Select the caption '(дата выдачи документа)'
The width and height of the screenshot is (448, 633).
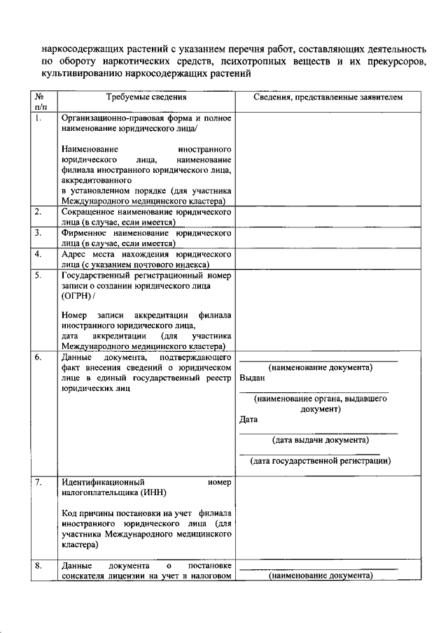coord(318,440)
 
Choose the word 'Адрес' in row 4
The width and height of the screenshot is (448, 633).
coord(73,254)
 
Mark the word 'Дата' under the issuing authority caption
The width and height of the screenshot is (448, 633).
coord(248,420)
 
